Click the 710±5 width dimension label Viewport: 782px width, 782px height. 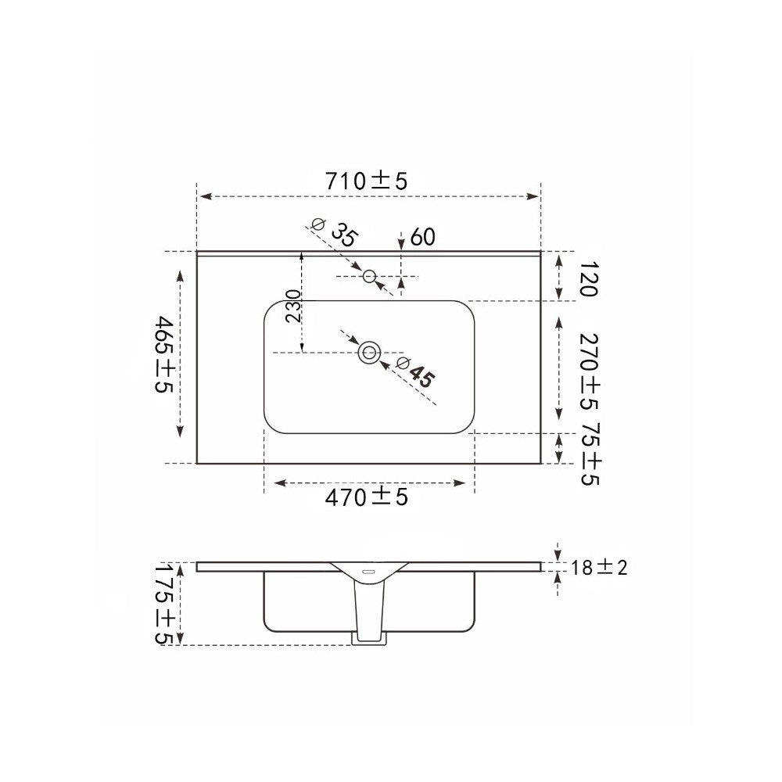367,181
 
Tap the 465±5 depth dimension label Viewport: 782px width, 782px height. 164,353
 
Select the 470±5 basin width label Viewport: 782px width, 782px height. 367,497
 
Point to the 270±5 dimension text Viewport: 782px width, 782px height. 589,371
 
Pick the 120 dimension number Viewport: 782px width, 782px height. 589,279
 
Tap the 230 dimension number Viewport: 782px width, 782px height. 294,306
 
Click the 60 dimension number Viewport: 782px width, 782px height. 423,237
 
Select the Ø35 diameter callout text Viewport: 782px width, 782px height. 335,232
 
